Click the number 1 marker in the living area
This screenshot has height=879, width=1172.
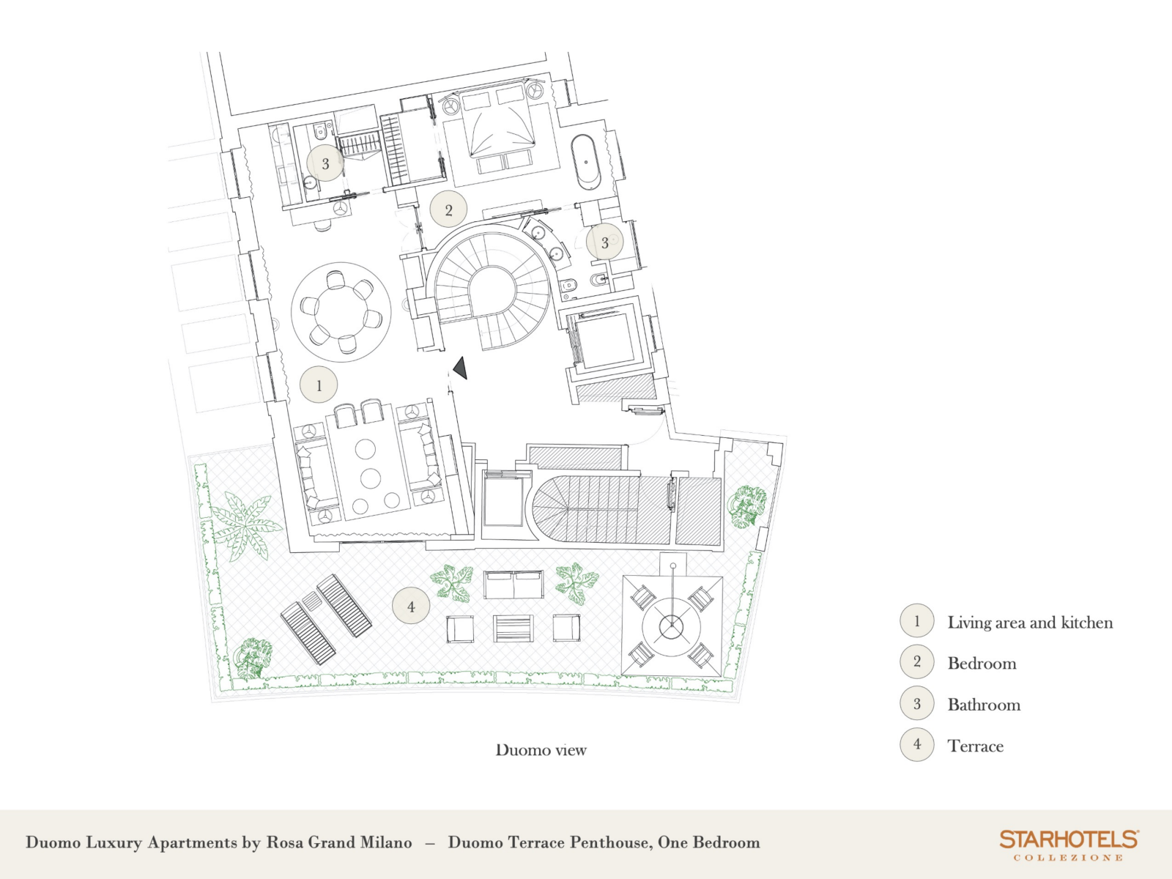coord(319,385)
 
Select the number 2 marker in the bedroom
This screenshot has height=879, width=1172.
coord(448,209)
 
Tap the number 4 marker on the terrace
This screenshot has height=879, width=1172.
coord(411,607)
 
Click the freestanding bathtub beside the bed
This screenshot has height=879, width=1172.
coord(586,162)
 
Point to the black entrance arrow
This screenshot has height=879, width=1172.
coord(461,368)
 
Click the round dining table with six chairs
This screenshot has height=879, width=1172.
coord(341,312)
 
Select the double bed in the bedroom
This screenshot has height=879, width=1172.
coord(501,131)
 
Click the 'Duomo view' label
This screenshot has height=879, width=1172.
coord(541,750)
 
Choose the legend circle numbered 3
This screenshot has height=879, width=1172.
coord(917,703)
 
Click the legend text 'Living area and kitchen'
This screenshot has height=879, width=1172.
coord(1030,623)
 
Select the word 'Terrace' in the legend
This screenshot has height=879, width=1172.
coord(976,746)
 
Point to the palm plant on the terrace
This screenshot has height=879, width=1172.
coord(245,526)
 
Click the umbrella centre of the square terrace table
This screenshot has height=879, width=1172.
coord(672,625)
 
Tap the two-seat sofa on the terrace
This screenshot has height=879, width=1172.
coord(513,585)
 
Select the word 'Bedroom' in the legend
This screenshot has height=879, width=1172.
coord(982,664)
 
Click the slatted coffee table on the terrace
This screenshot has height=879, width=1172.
coord(513,628)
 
